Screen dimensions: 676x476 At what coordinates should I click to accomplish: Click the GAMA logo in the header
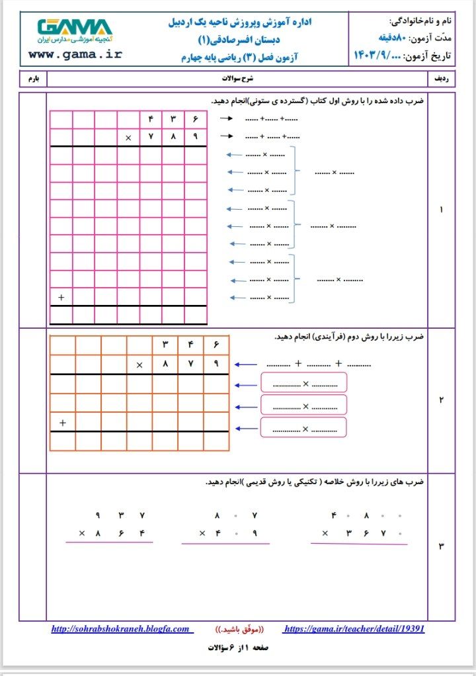coord(75,27)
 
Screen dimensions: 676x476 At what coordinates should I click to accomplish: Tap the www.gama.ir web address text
coord(75,54)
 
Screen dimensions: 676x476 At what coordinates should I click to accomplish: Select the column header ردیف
coord(441,79)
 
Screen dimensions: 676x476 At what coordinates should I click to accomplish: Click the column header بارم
coord(33,79)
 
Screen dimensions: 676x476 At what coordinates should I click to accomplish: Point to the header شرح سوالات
coord(237,79)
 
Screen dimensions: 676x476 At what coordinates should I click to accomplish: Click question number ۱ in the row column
coord(441,210)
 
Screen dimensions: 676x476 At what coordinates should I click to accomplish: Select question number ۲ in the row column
coord(441,400)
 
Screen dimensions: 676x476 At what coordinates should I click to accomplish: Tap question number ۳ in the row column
coord(441,546)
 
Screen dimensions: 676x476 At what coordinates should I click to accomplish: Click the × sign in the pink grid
coord(128,138)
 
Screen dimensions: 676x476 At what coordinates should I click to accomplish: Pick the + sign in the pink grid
coord(61,298)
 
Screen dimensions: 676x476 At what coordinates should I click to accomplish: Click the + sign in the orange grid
coord(63,422)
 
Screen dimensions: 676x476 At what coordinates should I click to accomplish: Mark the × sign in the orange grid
coord(139,364)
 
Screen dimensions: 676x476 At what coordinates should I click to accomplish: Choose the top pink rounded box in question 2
coord(303,382)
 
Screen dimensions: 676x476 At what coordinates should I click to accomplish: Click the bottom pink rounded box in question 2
coord(303,427)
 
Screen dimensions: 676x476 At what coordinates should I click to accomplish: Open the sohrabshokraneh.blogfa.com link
coord(120,629)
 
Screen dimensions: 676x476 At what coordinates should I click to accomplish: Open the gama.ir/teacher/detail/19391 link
coord(354,629)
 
